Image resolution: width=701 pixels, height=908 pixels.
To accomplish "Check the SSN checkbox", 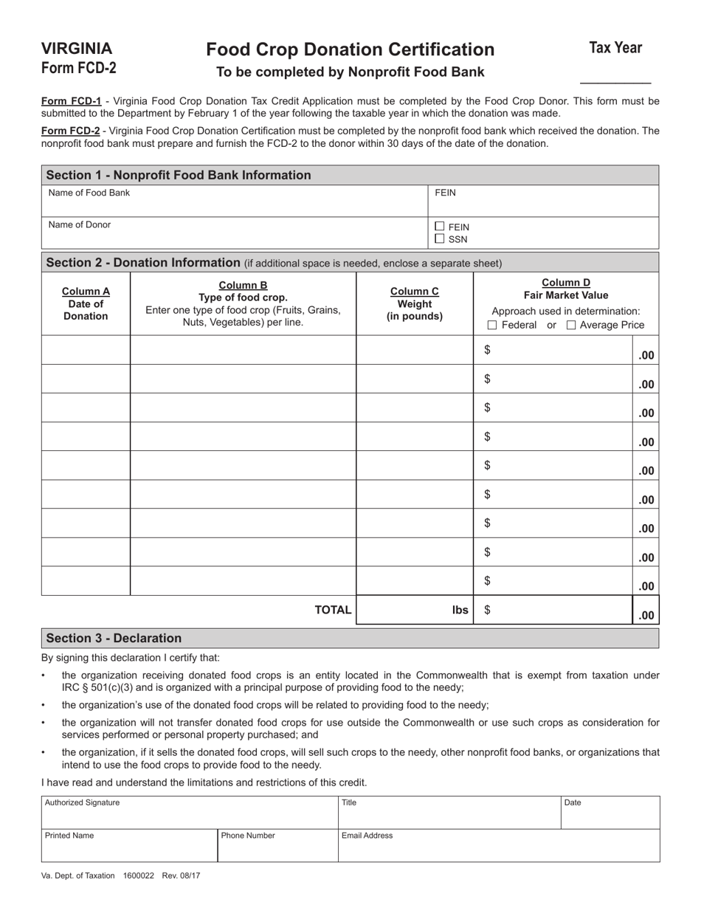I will [440, 239].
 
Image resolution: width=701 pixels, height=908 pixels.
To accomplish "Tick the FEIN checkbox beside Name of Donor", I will [440, 227].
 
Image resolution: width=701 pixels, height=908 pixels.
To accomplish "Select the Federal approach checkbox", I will [493, 326].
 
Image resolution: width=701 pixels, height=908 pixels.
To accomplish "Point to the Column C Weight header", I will [414, 303].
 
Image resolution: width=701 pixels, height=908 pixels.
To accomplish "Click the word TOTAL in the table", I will [333, 610].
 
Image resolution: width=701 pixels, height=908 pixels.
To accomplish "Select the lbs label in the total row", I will [460, 610].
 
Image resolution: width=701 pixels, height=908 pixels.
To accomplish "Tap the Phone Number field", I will [277, 846].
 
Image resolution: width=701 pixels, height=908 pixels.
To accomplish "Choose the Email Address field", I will [499, 846].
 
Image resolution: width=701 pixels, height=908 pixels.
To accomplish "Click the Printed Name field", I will [129, 846].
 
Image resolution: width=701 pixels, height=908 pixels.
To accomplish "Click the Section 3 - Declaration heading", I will [114, 638].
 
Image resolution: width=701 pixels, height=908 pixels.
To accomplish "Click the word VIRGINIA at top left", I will [77, 49].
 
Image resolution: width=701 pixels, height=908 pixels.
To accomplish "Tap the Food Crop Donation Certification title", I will [350, 49].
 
